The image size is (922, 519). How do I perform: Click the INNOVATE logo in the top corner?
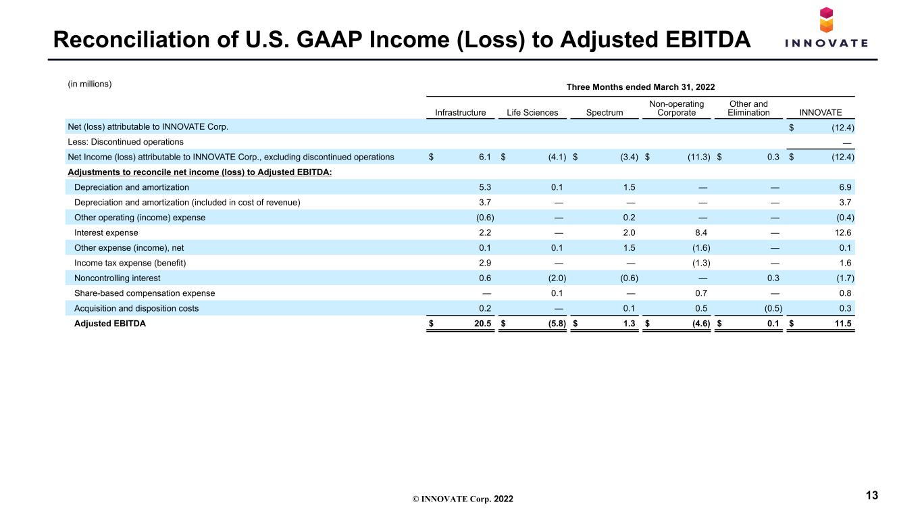[x=826, y=27]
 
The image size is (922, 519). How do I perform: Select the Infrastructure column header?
[x=460, y=112]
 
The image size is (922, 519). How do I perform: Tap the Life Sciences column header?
[x=532, y=112]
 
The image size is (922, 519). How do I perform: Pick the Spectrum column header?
[x=605, y=112]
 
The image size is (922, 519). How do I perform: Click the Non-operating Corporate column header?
[x=676, y=108]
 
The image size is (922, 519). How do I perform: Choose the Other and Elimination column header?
[x=748, y=108]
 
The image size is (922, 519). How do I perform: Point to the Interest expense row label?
[x=106, y=232]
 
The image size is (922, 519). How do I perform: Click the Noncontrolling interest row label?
[x=118, y=278]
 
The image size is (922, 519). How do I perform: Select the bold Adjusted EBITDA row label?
[x=110, y=323]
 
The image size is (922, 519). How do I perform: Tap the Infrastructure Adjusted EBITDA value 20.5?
[x=482, y=323]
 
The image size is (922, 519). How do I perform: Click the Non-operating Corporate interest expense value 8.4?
[x=701, y=232]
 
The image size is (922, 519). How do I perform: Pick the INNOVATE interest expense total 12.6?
[x=842, y=232]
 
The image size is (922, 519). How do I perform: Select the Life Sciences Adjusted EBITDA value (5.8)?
[x=557, y=323]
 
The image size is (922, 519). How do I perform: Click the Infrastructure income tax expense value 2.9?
[x=485, y=263]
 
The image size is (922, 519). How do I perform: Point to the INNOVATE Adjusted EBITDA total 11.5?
[x=842, y=323]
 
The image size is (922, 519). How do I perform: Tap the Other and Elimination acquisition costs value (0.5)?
[x=773, y=308]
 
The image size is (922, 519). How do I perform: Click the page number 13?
[x=872, y=495]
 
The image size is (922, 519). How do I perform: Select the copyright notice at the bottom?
[x=463, y=499]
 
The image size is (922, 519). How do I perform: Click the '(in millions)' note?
[x=90, y=84]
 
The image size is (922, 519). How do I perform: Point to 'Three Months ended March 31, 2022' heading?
[x=640, y=87]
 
